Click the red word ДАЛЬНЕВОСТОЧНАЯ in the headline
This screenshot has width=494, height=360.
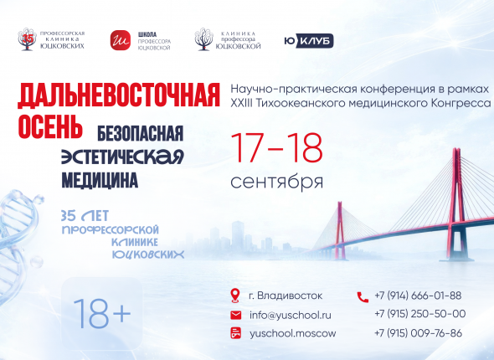click(x=119, y=95)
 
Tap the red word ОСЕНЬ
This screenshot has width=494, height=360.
click(x=50, y=126)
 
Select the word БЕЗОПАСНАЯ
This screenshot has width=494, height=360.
click(x=140, y=133)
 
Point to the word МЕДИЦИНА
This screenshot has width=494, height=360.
click(x=100, y=180)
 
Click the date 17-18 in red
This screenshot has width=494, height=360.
click(x=277, y=147)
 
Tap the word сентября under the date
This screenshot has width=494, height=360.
click(x=277, y=182)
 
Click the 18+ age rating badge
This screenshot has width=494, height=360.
click(x=102, y=313)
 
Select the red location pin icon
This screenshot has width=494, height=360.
click(x=235, y=296)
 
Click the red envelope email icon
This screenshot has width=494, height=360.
click(x=235, y=315)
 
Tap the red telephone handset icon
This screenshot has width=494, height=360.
click(x=363, y=297)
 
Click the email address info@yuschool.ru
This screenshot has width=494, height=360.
click(x=291, y=315)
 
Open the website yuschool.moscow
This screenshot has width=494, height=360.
click(x=293, y=333)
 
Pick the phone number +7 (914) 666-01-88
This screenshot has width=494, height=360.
click(x=418, y=296)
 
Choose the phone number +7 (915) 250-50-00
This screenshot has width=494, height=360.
click(x=420, y=314)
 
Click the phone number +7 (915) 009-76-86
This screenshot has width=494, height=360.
click(x=418, y=333)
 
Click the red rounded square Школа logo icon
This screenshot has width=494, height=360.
click(x=121, y=40)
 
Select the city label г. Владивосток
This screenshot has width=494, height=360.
click(x=286, y=296)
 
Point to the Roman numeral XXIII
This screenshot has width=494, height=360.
click(x=241, y=103)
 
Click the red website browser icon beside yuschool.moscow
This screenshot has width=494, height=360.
click(x=235, y=333)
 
